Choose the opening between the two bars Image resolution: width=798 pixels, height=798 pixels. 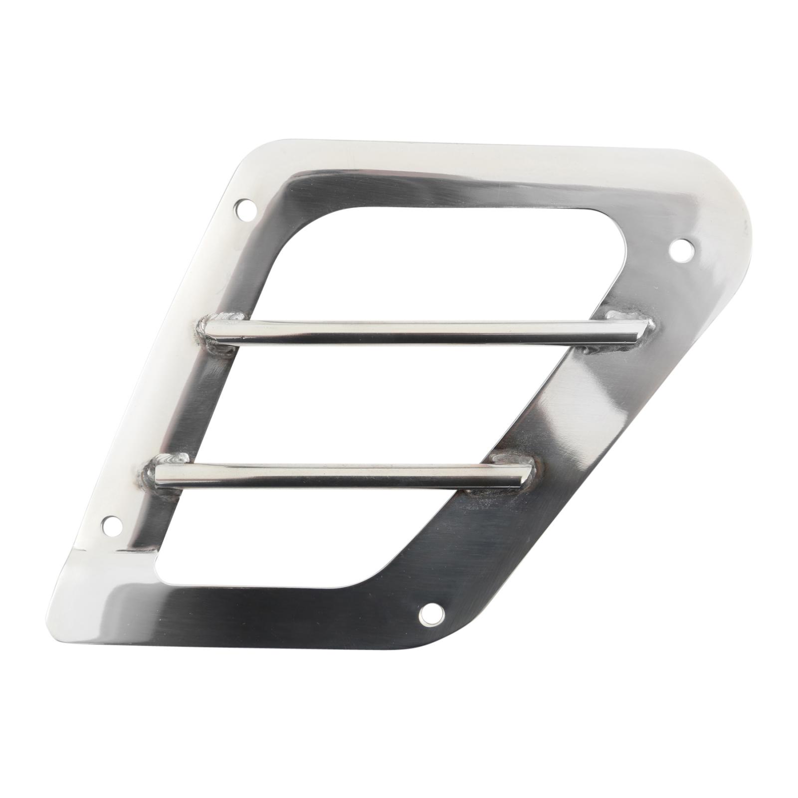point(369,399)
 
